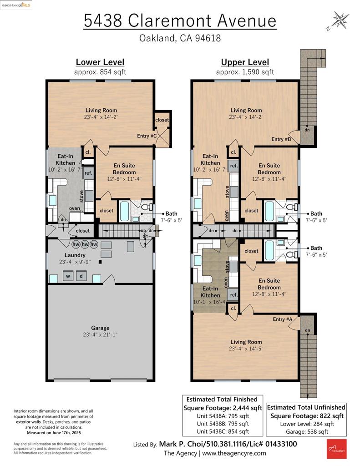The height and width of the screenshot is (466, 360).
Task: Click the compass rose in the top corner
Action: click(340, 20)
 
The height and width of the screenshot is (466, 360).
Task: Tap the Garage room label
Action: click(100, 328)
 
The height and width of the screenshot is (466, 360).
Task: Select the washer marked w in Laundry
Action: click(68, 276)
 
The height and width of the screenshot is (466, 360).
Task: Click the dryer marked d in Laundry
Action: click(81, 276)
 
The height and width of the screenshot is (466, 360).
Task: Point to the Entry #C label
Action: click(147, 136)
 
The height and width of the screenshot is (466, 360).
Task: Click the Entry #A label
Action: click(283, 319)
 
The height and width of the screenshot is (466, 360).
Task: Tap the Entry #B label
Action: click(281, 139)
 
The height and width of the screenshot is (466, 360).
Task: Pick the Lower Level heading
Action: click(100, 62)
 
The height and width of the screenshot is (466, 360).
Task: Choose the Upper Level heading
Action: click(245, 62)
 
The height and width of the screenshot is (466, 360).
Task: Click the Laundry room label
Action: click(75, 255)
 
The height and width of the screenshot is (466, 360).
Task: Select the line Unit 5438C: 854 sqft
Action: click(223, 431)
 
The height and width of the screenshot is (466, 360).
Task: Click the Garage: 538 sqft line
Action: click(307, 431)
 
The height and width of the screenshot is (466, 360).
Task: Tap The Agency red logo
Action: click(336, 449)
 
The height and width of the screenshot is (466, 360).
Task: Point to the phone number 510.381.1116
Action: click(226, 444)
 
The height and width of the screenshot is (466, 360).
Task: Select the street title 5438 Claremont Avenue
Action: click(180, 20)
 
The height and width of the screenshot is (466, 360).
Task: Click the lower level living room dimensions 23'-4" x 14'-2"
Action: click(101, 117)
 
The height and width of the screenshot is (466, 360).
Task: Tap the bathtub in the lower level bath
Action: click(124, 211)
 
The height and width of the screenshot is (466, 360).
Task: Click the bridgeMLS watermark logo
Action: click(16, 5)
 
